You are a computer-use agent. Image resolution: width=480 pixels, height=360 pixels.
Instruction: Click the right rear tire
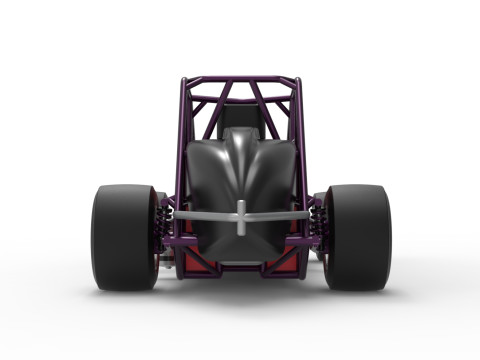[x=357, y=237]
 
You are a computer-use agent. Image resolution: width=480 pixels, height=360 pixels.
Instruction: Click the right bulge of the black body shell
[x=274, y=170]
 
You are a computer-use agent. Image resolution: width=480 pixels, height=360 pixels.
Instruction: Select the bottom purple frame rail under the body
[x=240, y=267]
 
